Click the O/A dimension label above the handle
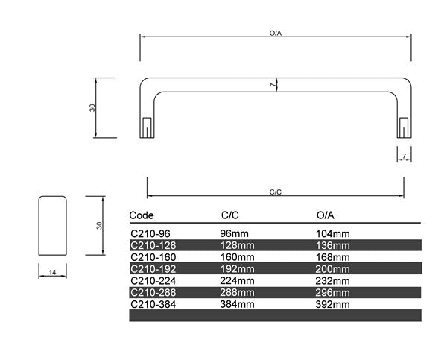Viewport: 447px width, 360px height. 276,33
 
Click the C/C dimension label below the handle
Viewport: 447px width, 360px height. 276,192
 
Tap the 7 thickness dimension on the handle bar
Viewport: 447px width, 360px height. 273,85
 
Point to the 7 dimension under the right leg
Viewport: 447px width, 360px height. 405,156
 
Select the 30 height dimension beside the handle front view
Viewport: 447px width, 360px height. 92,107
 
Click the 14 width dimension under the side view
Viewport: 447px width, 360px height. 52,273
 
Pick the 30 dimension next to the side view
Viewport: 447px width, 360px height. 99,226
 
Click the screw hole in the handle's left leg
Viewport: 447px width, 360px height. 147,127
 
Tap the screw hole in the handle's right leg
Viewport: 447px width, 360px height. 404,127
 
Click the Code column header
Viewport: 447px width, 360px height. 142,215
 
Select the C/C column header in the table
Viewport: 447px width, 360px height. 229,215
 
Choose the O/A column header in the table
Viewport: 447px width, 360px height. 326,215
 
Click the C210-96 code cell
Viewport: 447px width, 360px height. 150,234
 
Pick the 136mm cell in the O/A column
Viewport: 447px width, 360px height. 333,246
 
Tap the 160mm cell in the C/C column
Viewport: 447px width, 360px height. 237,257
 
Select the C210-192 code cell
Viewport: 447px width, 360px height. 153,269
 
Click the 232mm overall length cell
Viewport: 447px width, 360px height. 333,281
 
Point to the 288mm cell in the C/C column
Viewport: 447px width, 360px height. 237,293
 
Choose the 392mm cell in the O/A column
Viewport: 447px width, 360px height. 333,304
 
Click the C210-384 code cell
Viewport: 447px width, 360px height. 153,304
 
